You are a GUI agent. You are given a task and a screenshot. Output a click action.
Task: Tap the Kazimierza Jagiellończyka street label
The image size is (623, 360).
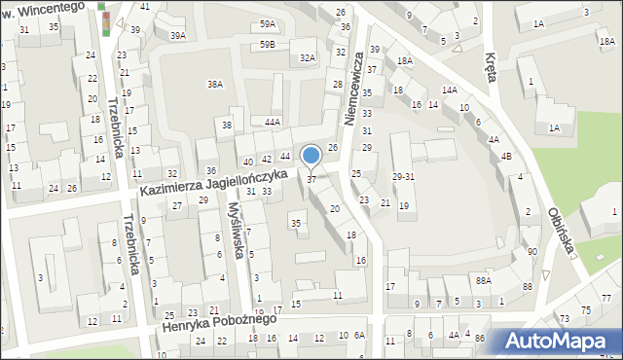(x=212, y=181)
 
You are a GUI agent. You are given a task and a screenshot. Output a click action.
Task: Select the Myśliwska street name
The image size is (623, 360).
(x=237, y=232)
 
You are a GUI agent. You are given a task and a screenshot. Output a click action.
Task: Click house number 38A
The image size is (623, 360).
(x=214, y=85)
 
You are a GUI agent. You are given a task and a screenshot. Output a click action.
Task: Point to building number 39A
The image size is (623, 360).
(x=177, y=35)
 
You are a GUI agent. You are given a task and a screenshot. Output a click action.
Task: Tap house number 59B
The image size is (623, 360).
(x=267, y=45)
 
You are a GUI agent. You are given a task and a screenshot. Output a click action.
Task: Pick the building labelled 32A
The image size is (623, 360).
(x=308, y=58)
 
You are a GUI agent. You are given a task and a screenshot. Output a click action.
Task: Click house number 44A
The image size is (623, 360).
(x=273, y=122)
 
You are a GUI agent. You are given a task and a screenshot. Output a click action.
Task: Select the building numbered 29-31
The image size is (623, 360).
(x=403, y=176)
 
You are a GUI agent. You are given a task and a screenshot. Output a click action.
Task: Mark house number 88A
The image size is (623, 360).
(x=483, y=280)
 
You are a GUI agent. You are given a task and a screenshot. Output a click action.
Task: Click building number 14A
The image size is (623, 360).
(x=449, y=90)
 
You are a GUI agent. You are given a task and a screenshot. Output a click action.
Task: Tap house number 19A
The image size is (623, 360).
(x=275, y=310)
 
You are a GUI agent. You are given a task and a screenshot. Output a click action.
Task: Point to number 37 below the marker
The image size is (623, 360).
(x=311, y=179)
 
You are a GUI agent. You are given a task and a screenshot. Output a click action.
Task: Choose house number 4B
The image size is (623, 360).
(x=506, y=156)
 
